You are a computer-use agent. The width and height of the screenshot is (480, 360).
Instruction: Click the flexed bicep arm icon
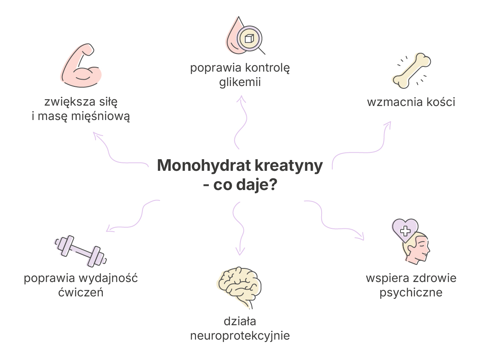click(x=81, y=66)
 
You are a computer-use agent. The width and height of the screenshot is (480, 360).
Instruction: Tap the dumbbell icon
click(x=80, y=251)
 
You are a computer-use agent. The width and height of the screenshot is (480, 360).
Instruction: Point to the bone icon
click(x=412, y=71)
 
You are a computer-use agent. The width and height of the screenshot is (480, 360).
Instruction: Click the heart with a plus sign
click(x=405, y=230)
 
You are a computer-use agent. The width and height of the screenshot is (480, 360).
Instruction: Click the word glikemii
click(x=240, y=82)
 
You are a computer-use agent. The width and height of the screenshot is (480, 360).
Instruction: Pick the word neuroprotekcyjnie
click(x=240, y=336)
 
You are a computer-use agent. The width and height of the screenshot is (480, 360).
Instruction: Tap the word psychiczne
click(x=411, y=292)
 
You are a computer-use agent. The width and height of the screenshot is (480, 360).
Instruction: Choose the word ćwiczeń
click(x=81, y=292)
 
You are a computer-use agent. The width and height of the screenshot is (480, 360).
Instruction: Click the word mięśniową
click(x=100, y=116)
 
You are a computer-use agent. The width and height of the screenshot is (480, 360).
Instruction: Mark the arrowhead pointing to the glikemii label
click(x=241, y=99)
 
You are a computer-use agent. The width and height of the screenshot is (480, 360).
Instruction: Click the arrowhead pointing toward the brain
click(x=240, y=252)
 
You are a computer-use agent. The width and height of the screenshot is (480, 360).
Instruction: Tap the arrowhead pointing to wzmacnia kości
click(x=388, y=125)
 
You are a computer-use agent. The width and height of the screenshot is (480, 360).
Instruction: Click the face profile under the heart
click(x=416, y=249)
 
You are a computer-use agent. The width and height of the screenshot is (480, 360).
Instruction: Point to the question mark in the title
click(x=272, y=184)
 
